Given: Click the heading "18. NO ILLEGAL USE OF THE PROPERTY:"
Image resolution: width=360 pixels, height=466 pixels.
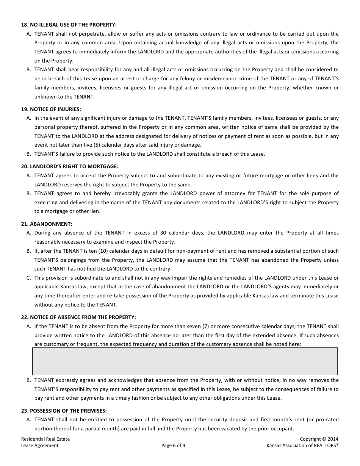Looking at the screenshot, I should tap(69, 25).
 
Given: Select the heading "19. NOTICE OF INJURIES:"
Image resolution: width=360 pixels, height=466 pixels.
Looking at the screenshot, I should tap(51, 109).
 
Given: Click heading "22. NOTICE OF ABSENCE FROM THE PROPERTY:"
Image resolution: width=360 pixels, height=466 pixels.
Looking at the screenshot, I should tap(78, 317).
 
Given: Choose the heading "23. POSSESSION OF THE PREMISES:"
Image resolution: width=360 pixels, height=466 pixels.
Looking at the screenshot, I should tap(64, 411).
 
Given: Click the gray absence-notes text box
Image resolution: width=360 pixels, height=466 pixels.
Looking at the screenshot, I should tap(185, 361).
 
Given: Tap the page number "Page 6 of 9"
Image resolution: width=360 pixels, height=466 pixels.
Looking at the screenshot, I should tap(173, 446).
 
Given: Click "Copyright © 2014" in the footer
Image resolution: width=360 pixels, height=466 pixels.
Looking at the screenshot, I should tap(319, 439).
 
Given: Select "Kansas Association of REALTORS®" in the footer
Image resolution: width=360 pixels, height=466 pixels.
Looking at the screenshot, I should tap(302, 446).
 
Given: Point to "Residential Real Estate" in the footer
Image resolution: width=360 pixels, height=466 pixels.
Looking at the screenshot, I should tap(45, 439).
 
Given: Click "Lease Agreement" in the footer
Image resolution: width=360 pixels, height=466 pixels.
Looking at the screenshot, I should tap(40, 446).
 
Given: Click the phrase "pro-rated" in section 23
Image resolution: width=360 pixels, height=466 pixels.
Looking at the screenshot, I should tap(327, 420).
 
